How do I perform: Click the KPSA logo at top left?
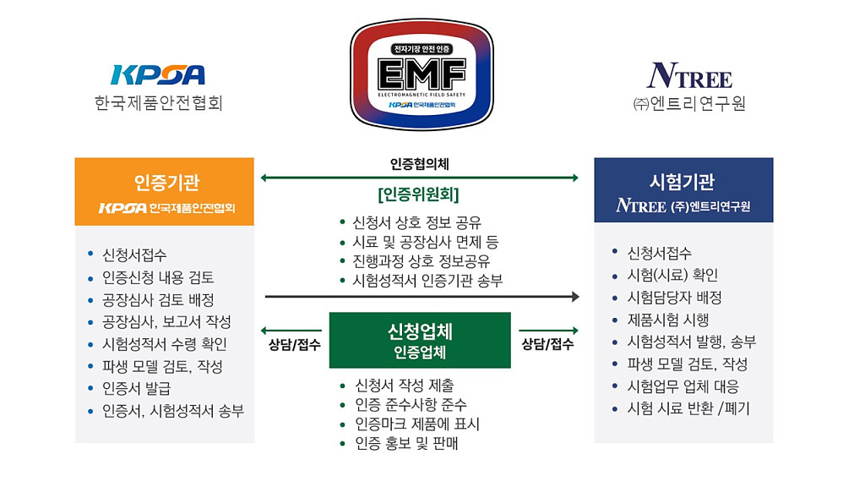(158, 75)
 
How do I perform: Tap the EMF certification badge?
(422, 74)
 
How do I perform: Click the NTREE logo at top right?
(689, 76)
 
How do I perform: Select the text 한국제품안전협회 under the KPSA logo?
(158, 104)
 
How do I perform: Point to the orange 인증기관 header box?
(165, 192)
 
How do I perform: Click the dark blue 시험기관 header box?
(683, 191)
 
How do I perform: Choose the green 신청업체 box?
(420, 340)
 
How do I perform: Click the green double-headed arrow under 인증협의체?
(420, 178)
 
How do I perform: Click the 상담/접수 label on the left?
(294, 344)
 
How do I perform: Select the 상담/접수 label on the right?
(547, 344)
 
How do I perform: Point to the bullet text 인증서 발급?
(136, 389)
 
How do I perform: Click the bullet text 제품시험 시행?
(667, 320)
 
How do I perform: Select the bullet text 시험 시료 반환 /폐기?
(688, 408)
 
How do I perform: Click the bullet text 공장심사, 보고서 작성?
(166, 322)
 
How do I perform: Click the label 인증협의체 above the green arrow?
(420, 163)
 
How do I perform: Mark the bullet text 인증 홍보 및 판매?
(406, 443)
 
